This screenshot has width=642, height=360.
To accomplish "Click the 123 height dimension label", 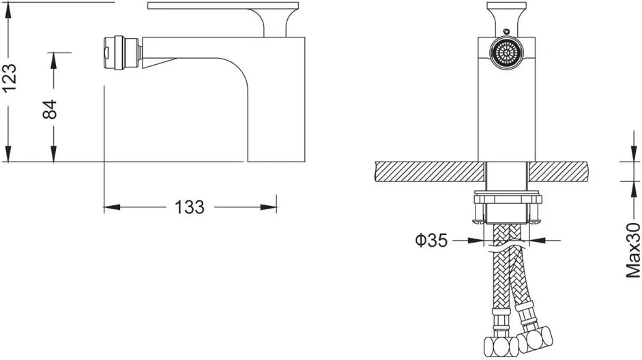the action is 10,78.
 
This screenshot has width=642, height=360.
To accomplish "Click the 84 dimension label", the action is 50,109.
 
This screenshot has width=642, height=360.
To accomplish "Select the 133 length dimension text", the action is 189,207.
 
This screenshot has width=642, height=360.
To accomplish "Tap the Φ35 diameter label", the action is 431,240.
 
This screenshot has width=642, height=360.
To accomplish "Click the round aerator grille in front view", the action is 507,53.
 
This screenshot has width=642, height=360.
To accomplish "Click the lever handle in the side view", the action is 224,17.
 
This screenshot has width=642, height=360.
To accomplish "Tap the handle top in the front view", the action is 506,16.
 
